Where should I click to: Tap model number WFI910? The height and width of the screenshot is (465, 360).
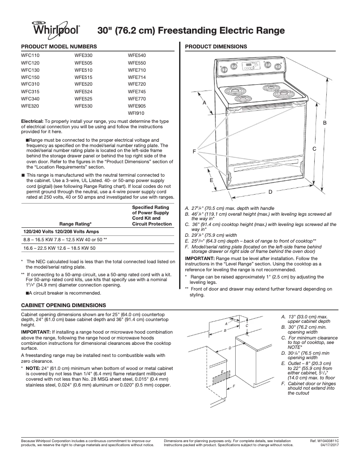[136, 113]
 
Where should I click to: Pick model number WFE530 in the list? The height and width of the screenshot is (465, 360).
[83, 106]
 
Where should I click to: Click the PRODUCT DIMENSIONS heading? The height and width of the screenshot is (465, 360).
[215, 47]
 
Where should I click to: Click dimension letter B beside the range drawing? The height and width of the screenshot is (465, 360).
[325, 122]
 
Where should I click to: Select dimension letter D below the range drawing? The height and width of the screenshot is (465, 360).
[270, 192]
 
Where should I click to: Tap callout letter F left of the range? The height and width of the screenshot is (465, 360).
[194, 152]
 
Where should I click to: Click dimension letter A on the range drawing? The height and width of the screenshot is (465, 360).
[204, 103]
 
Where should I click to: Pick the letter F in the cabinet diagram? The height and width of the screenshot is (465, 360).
[234, 386]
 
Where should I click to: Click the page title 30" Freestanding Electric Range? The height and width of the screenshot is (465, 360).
[191, 31]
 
